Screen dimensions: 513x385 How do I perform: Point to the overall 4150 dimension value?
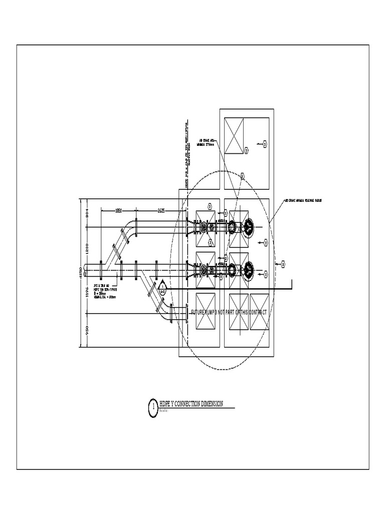tap(78, 273)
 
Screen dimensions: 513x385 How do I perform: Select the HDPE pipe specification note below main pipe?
tap(105, 291)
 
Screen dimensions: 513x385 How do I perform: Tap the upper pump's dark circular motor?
tap(248, 227)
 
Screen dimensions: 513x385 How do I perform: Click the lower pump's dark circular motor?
tap(248, 271)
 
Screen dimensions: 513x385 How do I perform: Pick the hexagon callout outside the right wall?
tap(283, 264)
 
